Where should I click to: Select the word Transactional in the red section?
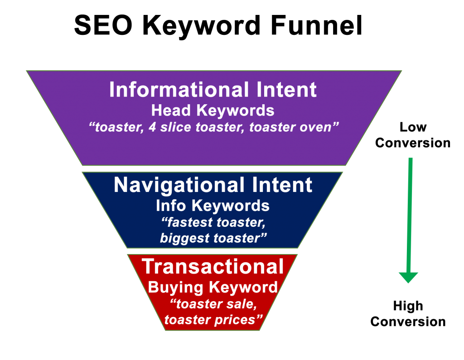point(213,267)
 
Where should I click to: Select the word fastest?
point(188,223)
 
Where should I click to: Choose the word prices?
point(240,320)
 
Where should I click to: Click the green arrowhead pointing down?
point(408,277)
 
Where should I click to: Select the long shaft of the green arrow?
point(409,213)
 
